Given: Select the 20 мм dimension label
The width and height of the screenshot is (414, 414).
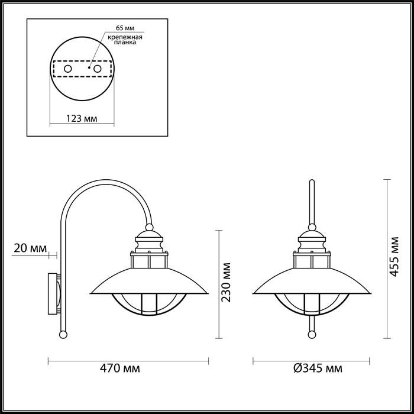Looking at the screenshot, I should click(x=28, y=248).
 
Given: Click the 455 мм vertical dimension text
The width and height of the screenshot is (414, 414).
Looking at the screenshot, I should click(x=396, y=258).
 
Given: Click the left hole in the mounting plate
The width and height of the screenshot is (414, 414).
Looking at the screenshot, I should click(x=68, y=69).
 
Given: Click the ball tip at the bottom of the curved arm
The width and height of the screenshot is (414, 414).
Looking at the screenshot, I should click(x=62, y=335).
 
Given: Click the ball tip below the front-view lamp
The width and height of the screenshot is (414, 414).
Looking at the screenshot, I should click(x=311, y=335).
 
